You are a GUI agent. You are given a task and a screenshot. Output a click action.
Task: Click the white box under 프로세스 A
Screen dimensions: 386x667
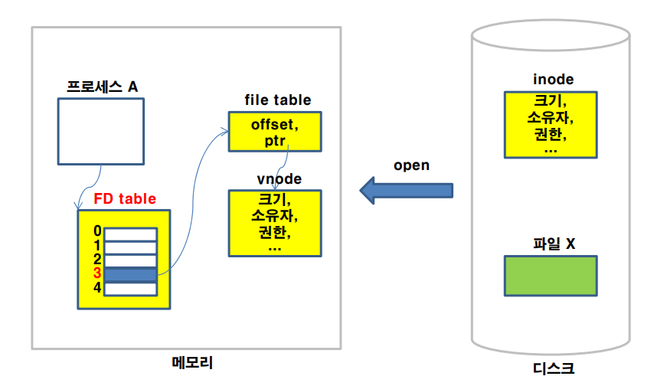[x=101, y=132]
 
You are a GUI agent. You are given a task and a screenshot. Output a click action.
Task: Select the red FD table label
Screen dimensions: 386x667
[x=125, y=199]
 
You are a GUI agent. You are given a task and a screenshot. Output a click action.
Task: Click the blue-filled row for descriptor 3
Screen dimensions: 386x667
[x=131, y=274]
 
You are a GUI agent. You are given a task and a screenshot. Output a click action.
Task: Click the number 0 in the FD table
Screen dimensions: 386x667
[x=96, y=231]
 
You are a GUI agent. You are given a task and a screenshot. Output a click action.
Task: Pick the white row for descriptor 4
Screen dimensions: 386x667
[x=131, y=289]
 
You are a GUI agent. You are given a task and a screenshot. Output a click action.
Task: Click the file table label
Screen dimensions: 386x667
[x=277, y=100]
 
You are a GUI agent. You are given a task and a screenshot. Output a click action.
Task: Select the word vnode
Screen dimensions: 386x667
[x=279, y=178]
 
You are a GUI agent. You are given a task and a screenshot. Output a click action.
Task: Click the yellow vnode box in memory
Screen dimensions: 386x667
[x=274, y=222]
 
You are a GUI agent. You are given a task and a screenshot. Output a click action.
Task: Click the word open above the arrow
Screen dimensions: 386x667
[x=411, y=165]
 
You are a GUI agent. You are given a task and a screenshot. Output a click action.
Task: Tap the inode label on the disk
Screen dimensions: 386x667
[x=553, y=80]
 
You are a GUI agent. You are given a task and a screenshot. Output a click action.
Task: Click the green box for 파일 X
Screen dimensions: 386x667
[x=550, y=276]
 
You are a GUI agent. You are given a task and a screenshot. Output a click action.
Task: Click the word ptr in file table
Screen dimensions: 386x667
[x=274, y=140]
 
